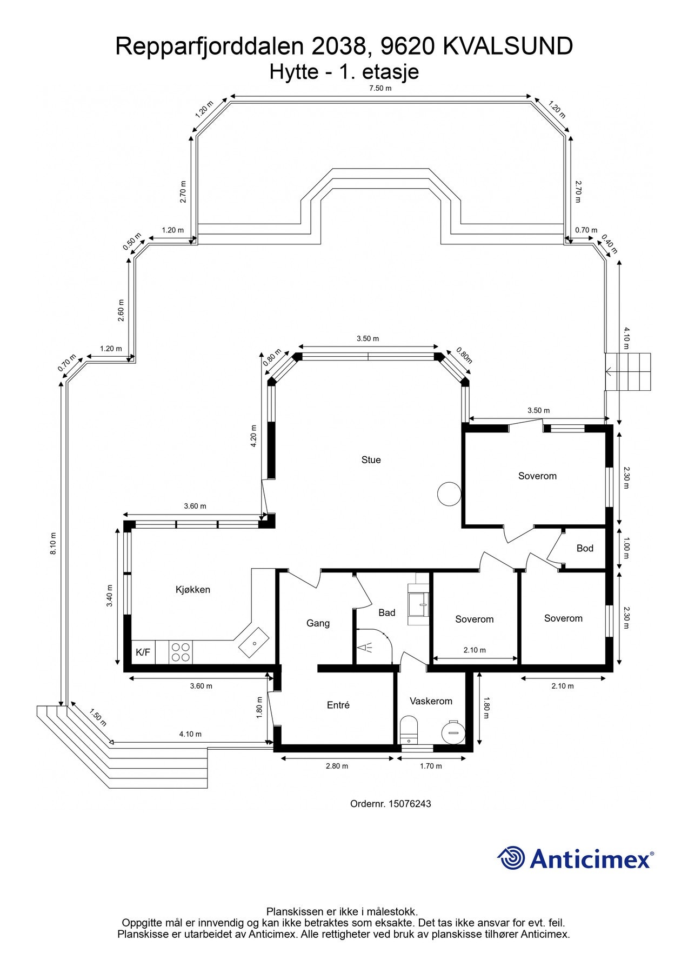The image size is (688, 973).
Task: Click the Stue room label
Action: [x=371, y=460]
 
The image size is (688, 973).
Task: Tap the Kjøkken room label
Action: [x=193, y=589]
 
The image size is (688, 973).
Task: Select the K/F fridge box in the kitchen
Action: [x=143, y=652]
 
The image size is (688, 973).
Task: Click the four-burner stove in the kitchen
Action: [x=181, y=652]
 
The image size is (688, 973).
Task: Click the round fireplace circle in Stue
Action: [x=449, y=494]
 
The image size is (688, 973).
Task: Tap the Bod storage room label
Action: [x=585, y=548]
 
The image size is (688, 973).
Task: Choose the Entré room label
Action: [x=338, y=705]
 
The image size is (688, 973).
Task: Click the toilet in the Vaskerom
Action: [x=409, y=730]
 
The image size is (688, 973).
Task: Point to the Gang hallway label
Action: [x=318, y=623]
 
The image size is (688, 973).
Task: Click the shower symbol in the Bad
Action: [x=365, y=647]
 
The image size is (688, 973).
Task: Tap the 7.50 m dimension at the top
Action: [x=380, y=88]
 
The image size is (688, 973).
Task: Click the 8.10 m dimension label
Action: [x=53, y=544]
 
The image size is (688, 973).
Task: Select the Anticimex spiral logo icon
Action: [x=511, y=858]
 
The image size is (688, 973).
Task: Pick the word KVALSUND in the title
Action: [x=508, y=46]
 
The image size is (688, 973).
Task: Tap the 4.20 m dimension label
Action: [x=253, y=436]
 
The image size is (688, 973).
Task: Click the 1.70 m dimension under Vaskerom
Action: [x=431, y=766]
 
